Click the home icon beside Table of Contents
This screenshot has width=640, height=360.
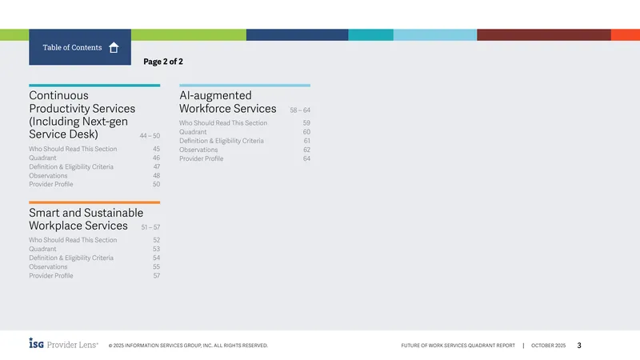click(x=114, y=48)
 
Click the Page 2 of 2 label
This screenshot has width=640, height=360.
click(x=163, y=62)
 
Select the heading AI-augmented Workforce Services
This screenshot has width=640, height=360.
click(x=228, y=102)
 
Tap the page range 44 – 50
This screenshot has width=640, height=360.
click(x=150, y=135)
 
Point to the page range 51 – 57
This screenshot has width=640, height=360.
click(x=150, y=227)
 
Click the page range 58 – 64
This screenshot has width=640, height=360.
click(x=300, y=110)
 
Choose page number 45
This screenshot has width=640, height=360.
click(x=156, y=149)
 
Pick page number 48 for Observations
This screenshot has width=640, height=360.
click(x=156, y=175)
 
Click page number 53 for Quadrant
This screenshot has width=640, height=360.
click(x=156, y=249)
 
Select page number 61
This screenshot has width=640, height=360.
click(x=307, y=141)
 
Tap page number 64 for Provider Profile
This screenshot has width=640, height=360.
click(x=306, y=158)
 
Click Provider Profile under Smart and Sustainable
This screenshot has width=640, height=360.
click(x=51, y=276)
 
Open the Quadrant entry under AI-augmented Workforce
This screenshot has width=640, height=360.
click(x=193, y=132)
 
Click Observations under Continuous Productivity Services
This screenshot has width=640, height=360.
click(x=48, y=175)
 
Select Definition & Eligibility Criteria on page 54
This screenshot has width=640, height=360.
click(x=71, y=258)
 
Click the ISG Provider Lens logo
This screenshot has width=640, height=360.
click(x=64, y=344)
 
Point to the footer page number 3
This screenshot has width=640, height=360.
click(x=579, y=346)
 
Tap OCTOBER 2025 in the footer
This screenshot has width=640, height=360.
click(x=548, y=346)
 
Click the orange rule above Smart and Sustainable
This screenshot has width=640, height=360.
click(x=94, y=202)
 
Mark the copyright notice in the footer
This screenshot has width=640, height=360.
click(x=188, y=346)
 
